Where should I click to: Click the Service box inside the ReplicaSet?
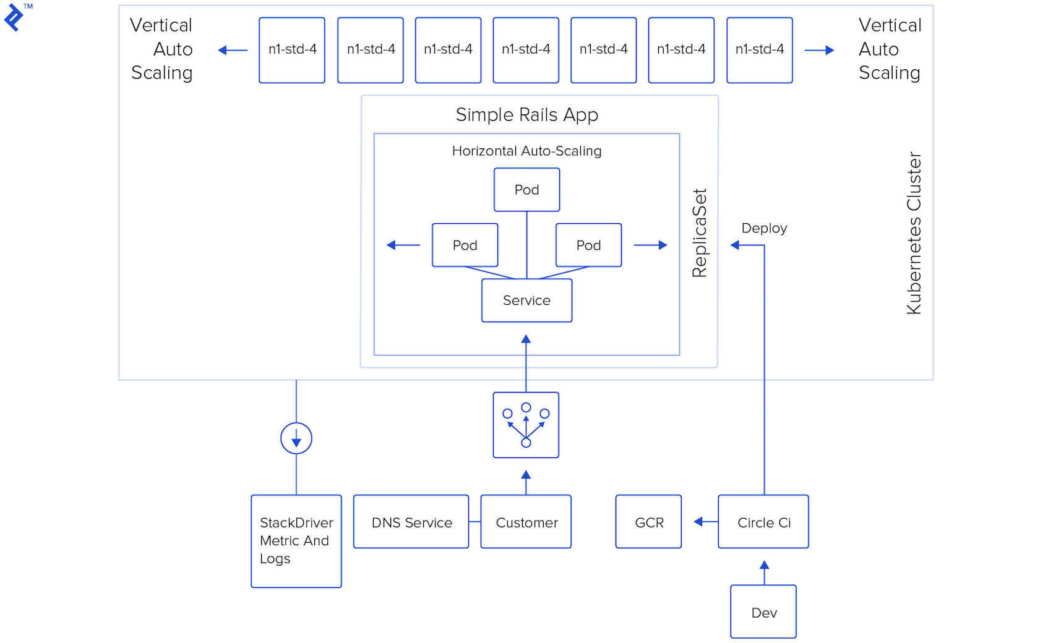[x=526, y=300]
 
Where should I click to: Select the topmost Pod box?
[x=526, y=190]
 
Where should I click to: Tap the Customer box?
[x=526, y=522]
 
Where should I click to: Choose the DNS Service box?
[x=411, y=522]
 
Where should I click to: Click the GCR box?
[x=648, y=522]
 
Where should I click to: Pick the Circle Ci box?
[x=763, y=522]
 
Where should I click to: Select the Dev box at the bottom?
[x=763, y=612]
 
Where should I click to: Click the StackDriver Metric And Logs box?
[x=296, y=541]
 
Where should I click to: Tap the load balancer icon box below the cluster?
[x=526, y=425]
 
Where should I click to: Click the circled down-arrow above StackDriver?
[x=296, y=438]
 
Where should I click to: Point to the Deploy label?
[x=764, y=228]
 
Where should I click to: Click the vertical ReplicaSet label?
[x=700, y=233]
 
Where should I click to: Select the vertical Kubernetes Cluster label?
[x=914, y=233]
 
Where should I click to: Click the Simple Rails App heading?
[x=526, y=114]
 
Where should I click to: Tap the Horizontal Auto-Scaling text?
[x=526, y=151]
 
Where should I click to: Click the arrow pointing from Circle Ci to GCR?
[x=701, y=522]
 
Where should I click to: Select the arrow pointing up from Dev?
[x=764, y=569]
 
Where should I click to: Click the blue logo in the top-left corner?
[x=14, y=17]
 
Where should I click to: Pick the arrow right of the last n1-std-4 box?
[x=820, y=50]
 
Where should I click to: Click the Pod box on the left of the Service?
[x=465, y=245]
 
